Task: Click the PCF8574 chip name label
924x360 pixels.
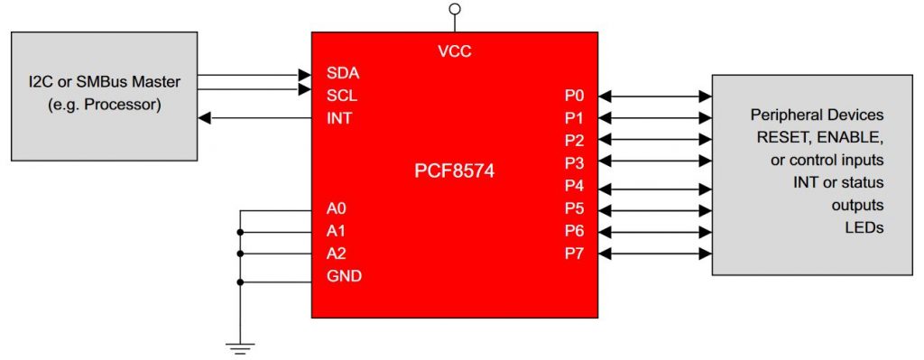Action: pos(455,169)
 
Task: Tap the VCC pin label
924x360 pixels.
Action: pos(455,51)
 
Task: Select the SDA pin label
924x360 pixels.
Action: pos(343,72)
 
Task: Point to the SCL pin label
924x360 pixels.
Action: pos(342,95)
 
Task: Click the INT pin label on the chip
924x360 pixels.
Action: pos(338,117)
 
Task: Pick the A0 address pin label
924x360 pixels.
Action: pos(337,210)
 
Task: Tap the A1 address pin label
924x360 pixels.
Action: pos(337,232)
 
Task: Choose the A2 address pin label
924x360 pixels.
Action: pos(337,254)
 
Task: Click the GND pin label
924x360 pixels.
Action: pos(344,276)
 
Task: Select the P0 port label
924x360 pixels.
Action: pos(573,95)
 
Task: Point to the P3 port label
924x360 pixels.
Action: pos(573,163)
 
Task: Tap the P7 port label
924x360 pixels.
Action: pos(573,253)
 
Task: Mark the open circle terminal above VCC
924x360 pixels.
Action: pos(455,11)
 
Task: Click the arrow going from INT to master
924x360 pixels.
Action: pos(253,117)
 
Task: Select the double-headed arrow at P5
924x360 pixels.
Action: pos(654,208)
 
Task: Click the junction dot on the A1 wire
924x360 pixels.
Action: pos(240,232)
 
